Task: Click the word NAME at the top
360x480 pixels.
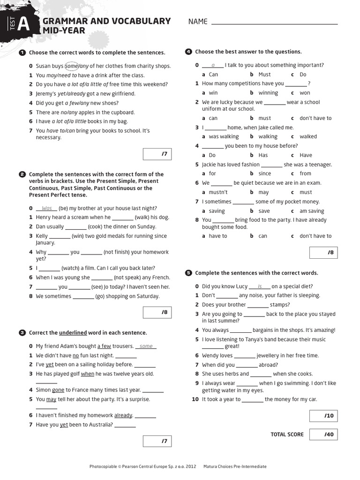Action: (x=198, y=22)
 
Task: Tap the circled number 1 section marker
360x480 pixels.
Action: (x=22, y=52)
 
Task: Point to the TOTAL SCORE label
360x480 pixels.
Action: (x=287, y=435)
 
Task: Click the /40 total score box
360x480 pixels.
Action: (x=324, y=435)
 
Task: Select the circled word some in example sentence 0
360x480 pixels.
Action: (x=71, y=66)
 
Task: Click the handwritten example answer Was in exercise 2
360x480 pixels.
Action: (x=47, y=209)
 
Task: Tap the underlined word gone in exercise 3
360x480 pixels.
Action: (x=58, y=390)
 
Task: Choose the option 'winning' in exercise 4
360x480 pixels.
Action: (x=268, y=93)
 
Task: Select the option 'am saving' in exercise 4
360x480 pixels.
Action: (x=312, y=211)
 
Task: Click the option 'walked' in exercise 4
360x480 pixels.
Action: (x=308, y=137)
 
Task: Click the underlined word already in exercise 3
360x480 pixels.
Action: (x=123, y=415)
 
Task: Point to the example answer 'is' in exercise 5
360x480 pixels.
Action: (x=260, y=286)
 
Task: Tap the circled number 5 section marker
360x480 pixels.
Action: (x=188, y=273)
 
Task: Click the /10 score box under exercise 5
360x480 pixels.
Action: (x=324, y=416)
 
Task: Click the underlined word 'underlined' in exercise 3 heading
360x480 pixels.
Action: (x=73, y=333)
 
